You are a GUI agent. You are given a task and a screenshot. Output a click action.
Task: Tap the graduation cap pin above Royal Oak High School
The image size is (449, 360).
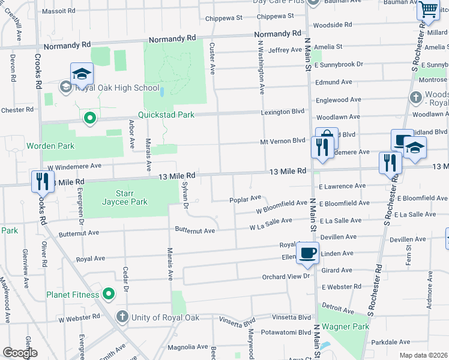click(82, 74)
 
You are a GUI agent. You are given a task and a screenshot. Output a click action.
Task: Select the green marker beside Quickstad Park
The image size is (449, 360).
click(90, 118)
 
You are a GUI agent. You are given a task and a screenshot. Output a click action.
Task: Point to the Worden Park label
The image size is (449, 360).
click(49, 146)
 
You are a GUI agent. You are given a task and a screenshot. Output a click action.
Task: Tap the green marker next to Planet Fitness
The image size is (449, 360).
click(109, 294)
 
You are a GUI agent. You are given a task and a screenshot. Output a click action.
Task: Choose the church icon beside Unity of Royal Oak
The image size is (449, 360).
click(122, 316)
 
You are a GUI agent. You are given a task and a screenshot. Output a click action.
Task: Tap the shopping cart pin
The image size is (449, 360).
click(429, 10)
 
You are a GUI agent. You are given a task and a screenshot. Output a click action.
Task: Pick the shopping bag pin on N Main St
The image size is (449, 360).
click(327, 138)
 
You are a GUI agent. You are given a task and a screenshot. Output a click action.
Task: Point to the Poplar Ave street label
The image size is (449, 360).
click(246, 199)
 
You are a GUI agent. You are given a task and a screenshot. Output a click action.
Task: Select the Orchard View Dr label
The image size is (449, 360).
click(285, 277)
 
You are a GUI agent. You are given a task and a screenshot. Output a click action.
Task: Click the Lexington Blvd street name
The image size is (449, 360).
click(282, 112)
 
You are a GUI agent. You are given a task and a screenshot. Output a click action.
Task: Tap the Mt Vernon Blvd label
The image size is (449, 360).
click(282, 141)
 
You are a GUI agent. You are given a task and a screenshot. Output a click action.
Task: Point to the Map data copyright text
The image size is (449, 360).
click(424, 355)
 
